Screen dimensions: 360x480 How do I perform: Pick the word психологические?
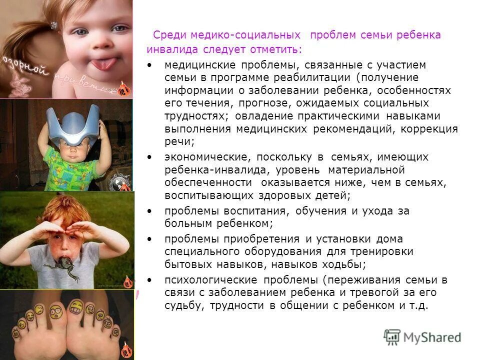(203, 279)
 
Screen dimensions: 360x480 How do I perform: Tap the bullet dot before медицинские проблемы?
(150, 65)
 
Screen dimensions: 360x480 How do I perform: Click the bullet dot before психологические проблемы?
(150, 279)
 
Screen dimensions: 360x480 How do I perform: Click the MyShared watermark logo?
(422, 337)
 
